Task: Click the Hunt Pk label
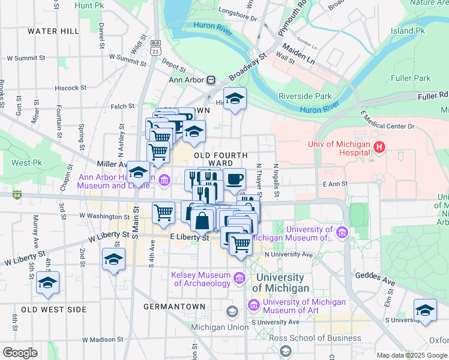[90, 5]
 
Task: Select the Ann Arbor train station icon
[211, 80]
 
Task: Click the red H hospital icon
[379, 147]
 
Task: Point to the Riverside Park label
[305, 96]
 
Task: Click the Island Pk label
[408, 31]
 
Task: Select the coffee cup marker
[234, 178]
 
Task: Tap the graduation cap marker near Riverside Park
[235, 98]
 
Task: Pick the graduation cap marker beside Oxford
[425, 310]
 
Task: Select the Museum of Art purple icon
[253, 307]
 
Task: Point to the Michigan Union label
[219, 327]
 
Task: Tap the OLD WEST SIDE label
[53, 309]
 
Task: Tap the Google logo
[20, 353]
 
